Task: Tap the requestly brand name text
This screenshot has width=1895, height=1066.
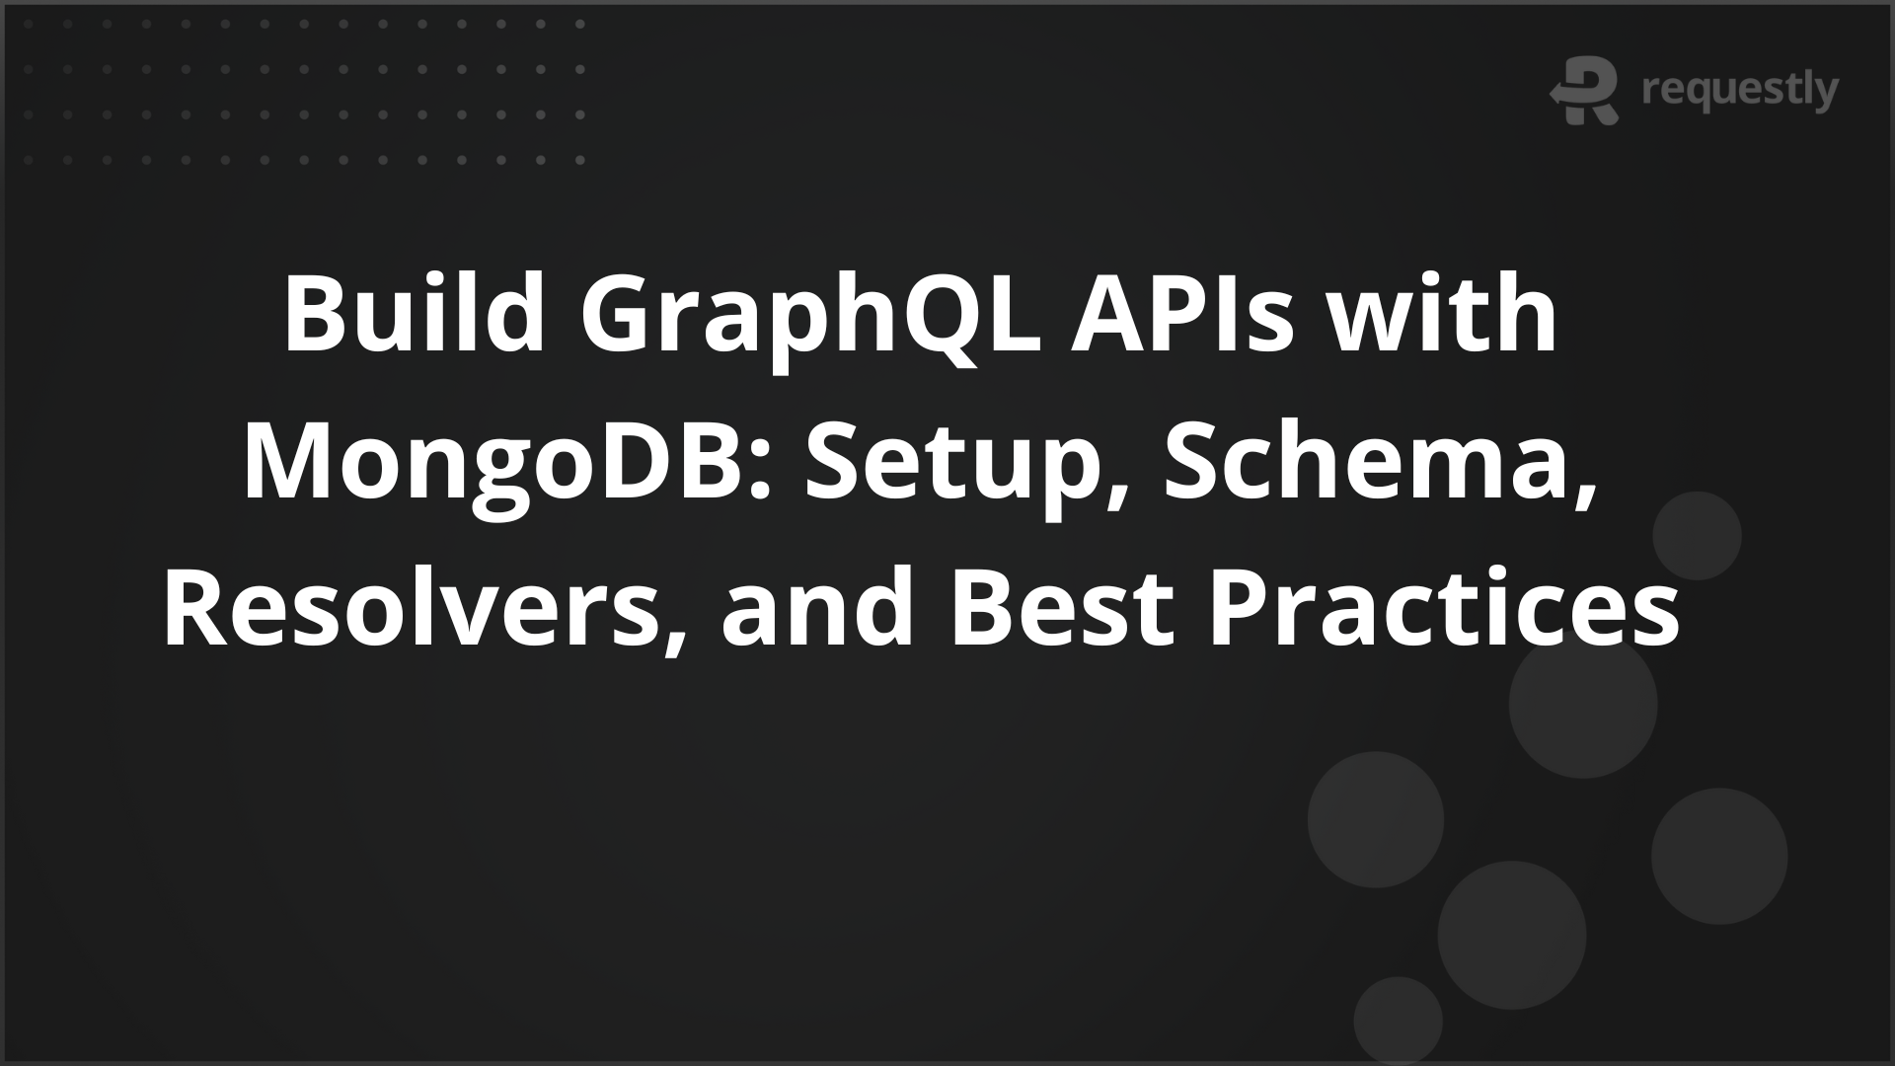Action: tap(1740, 92)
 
